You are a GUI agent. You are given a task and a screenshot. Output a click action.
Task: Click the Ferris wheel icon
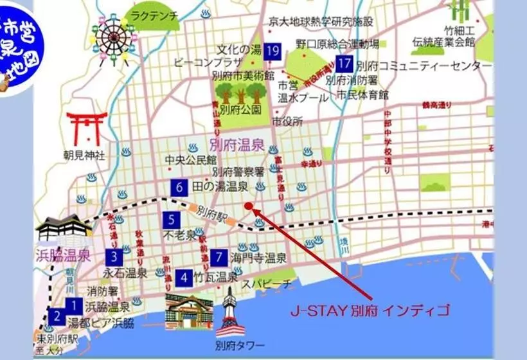(113, 40)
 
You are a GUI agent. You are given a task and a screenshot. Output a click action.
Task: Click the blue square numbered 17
(345, 64)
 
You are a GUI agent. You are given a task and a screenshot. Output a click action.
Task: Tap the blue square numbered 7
(219, 256)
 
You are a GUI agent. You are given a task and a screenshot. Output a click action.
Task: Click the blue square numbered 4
(184, 278)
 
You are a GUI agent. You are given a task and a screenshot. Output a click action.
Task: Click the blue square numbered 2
(57, 316)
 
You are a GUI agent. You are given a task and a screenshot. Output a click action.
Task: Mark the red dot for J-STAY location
(249, 206)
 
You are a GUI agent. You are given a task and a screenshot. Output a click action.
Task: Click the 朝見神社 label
(84, 155)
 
